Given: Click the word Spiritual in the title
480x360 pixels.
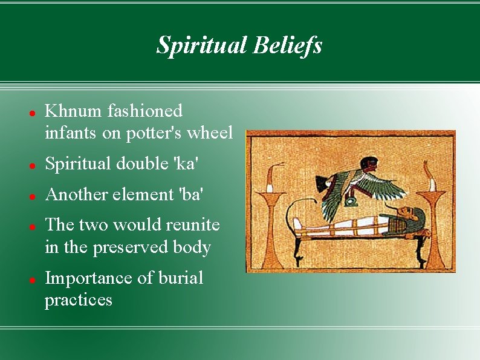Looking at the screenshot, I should coord(202,45).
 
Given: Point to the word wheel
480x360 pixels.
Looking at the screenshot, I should coord(210,133).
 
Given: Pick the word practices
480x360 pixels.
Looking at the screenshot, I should coord(79,300).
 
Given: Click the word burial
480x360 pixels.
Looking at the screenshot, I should coord(181,278).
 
